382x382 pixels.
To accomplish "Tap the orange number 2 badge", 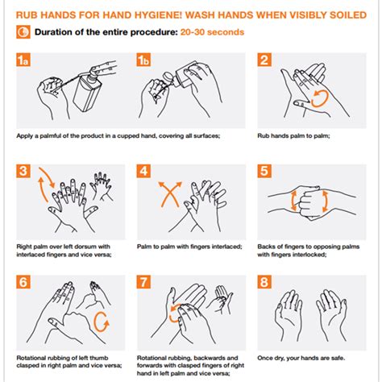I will pos(265,61).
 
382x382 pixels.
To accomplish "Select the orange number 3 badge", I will pos(25,172).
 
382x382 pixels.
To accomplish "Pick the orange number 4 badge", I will pos(145,172).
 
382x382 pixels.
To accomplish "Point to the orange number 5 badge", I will pos(265,172).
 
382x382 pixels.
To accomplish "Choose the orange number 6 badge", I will pos(25,282).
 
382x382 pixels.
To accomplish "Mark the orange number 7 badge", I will pos(145,282).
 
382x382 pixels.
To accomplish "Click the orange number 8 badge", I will pos(265,282).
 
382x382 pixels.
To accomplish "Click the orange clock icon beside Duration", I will pos(22,32).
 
